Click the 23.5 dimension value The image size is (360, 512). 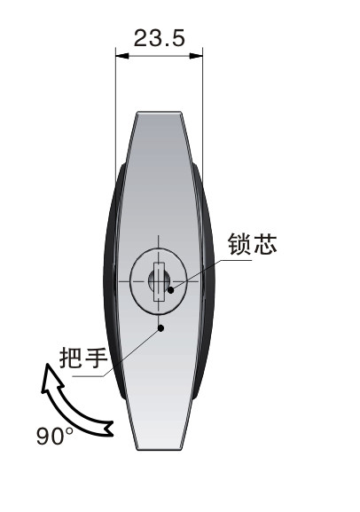pos(160,38)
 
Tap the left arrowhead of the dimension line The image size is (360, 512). pos(122,56)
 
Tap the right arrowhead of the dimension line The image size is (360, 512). pos(196,56)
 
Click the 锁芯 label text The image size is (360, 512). pos(253,244)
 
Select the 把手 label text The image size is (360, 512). pos(83,358)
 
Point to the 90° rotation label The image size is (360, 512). pos(55,437)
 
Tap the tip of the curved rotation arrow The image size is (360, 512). pos(47,364)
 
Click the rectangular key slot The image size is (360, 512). pos(159,281)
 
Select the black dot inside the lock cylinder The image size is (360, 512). pos(171,289)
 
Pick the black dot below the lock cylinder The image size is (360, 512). pos(160,327)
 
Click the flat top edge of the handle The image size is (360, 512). pos(159,113)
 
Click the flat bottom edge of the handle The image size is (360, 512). pos(159,449)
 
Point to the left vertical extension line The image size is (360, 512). pos(115,114)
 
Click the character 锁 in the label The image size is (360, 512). pos(240,244)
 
